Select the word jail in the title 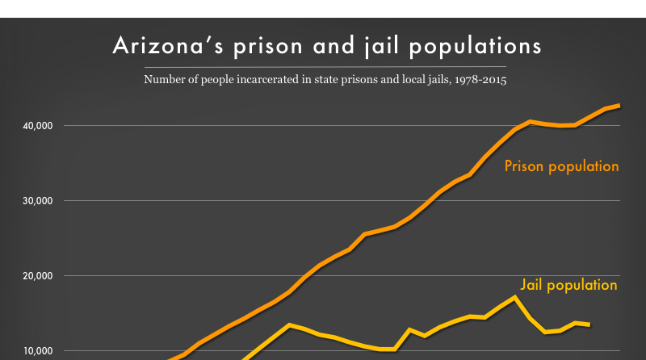[x=401, y=45]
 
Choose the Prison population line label [x=561, y=167]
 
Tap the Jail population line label [x=568, y=285]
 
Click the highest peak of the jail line [x=514, y=297]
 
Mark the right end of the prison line [x=619, y=105]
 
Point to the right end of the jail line [x=589, y=324]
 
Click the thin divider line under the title [x=323, y=66]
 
